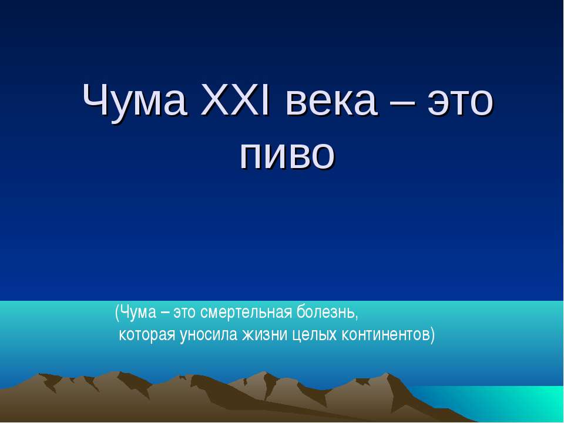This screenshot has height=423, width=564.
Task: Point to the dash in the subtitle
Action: [x=166, y=313]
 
